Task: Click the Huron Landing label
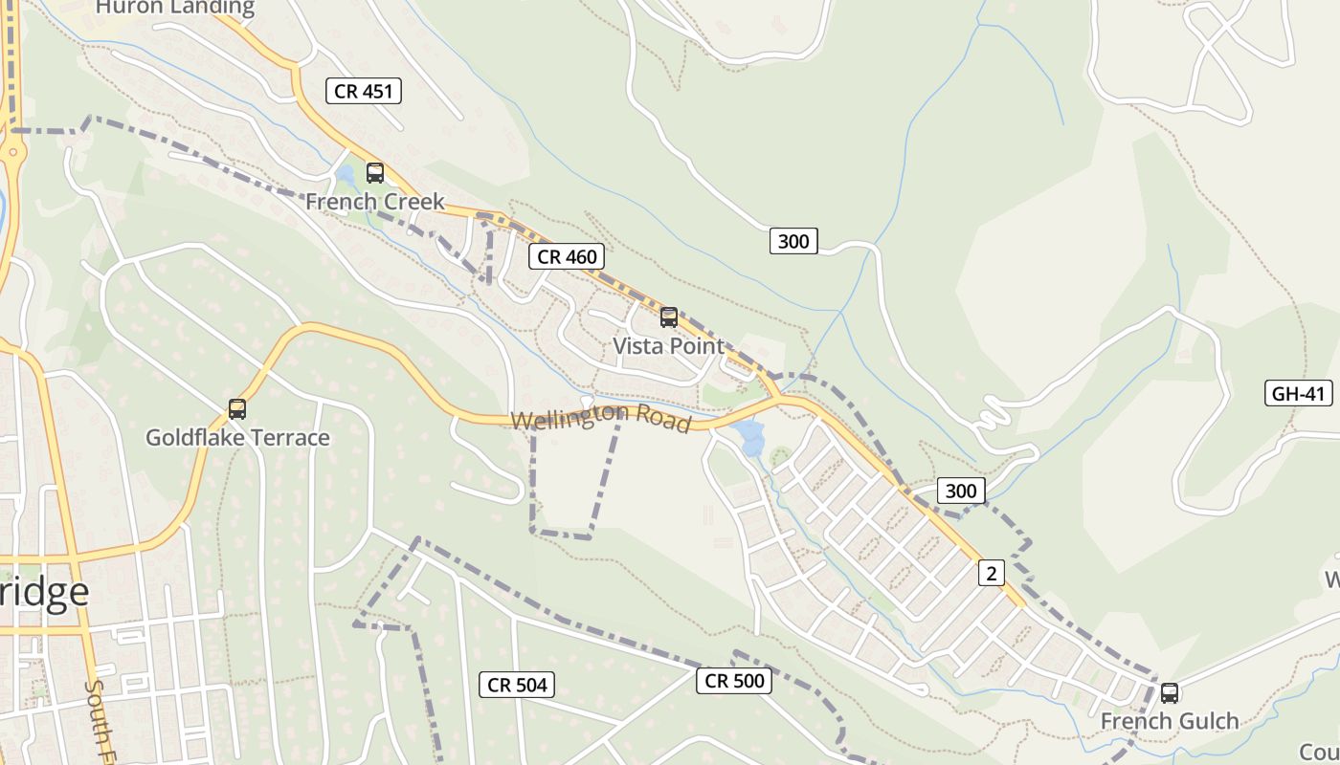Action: (x=175, y=8)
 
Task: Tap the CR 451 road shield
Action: (x=363, y=92)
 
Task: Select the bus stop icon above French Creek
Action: (x=375, y=173)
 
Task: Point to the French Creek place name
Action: (x=375, y=202)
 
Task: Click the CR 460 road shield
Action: (x=567, y=256)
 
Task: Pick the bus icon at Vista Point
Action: (x=669, y=317)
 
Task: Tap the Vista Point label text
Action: (x=669, y=346)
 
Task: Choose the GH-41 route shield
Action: (x=1298, y=393)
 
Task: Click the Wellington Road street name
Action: (x=601, y=419)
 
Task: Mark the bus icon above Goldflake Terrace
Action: (x=237, y=409)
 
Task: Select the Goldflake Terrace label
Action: (x=237, y=438)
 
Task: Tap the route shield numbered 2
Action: (x=991, y=573)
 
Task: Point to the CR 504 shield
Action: (x=517, y=685)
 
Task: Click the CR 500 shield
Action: (x=733, y=681)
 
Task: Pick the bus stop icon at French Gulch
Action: (x=1170, y=693)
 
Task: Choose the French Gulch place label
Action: (x=1170, y=721)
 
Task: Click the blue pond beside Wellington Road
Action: (x=750, y=440)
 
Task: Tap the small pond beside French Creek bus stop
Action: (x=345, y=175)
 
